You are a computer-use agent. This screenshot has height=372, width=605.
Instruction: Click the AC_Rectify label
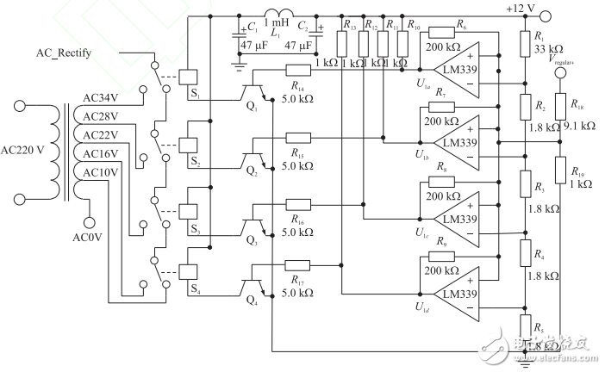(x=63, y=53)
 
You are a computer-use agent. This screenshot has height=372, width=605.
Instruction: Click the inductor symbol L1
(x=282, y=15)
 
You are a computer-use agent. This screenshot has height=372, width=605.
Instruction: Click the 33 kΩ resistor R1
(x=526, y=42)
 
